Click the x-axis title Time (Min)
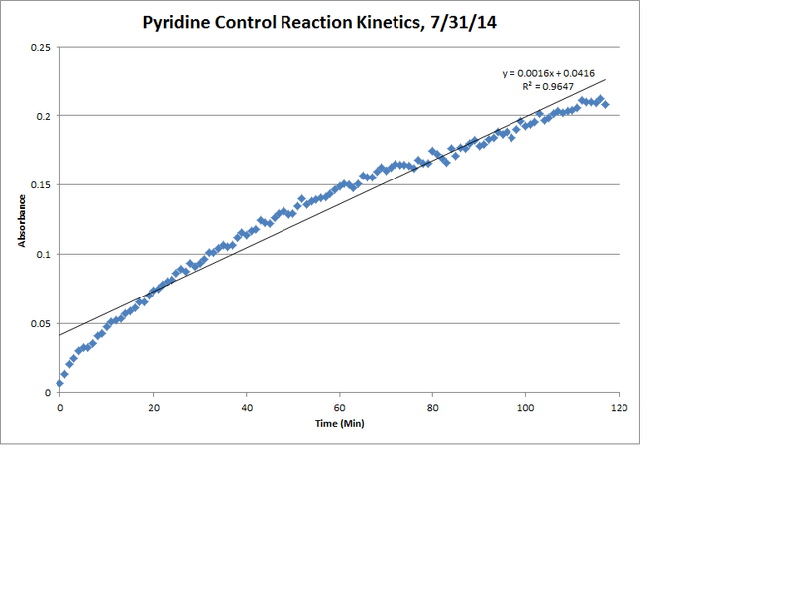coord(340,424)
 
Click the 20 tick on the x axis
coord(154,407)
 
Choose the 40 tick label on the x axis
coord(247,407)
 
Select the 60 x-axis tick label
coord(340,407)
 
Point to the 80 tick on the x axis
coord(433,407)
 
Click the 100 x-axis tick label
coord(526,407)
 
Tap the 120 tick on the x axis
coord(620,407)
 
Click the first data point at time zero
coord(60,383)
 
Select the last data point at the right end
coord(605,104)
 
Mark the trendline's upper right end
coord(605,80)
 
